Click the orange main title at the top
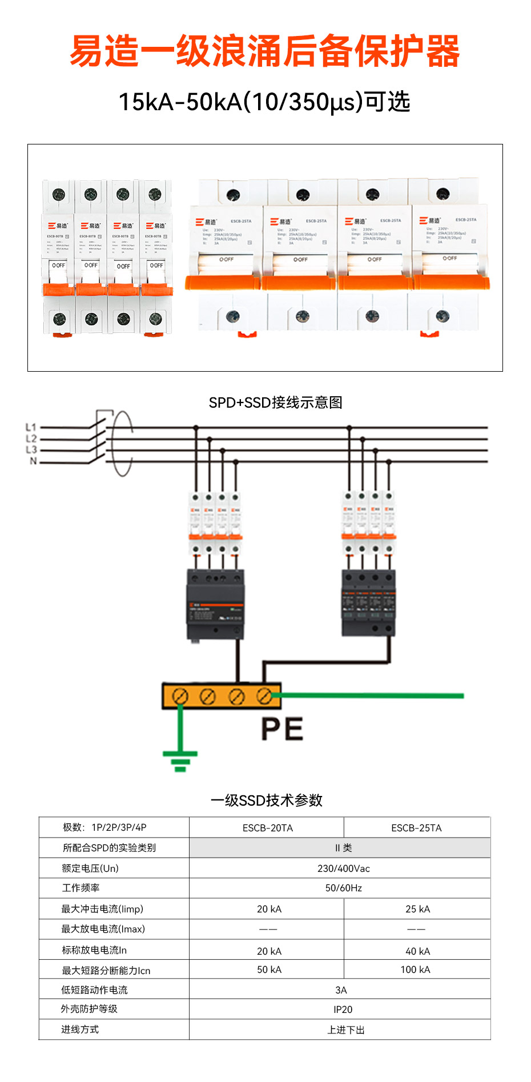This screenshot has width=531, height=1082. pyautogui.click(x=264, y=51)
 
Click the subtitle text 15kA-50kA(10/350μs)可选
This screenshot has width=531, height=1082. pyautogui.click(x=264, y=102)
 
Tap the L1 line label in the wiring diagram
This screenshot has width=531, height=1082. pyautogui.click(x=31, y=427)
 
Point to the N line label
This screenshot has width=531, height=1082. pyautogui.click(x=33, y=461)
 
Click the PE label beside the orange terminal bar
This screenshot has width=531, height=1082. pyautogui.click(x=282, y=729)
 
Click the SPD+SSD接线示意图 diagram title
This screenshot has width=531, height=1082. pyautogui.click(x=275, y=403)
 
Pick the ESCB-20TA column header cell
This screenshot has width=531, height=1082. pyautogui.click(x=267, y=828)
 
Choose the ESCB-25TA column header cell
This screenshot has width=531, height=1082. pyautogui.click(x=416, y=828)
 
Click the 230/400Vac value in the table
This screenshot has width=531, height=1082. pyautogui.click(x=343, y=868)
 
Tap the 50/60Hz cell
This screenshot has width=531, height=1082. pyautogui.click(x=343, y=888)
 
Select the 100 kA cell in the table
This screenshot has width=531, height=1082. pyautogui.click(x=415, y=970)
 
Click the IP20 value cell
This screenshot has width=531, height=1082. pyautogui.click(x=343, y=1009)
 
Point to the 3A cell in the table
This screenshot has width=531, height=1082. pyautogui.click(x=341, y=990)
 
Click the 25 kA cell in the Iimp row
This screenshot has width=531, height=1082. pyautogui.click(x=417, y=909)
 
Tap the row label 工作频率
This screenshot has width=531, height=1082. pyautogui.click(x=81, y=888)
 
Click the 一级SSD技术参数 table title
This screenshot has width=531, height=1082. pyautogui.click(x=266, y=801)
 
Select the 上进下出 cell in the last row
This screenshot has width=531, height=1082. pyautogui.click(x=345, y=1030)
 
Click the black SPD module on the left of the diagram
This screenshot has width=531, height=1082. pyautogui.click(x=215, y=604)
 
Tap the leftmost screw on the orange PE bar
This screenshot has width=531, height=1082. pyautogui.click(x=180, y=697)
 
